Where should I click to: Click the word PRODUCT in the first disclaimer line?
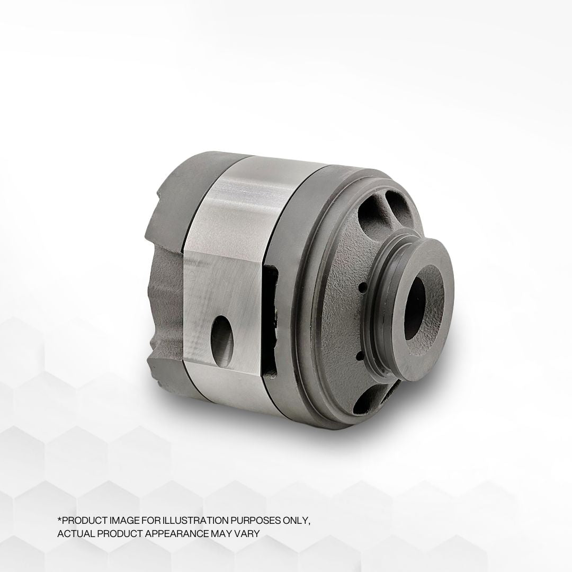pos(84,521)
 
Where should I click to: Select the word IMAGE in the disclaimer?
pos(123,521)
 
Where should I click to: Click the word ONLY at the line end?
pos(299,521)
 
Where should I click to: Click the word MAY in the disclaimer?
pos(222,533)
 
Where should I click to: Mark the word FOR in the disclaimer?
pos(149,521)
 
